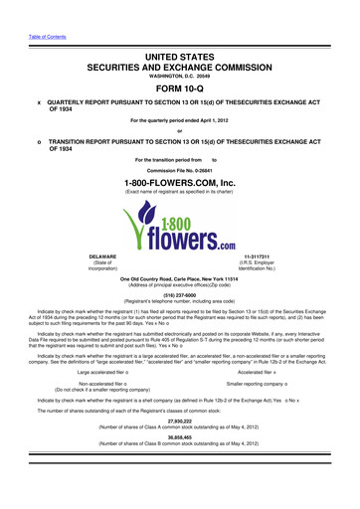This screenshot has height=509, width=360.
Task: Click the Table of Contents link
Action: click(x=47, y=12)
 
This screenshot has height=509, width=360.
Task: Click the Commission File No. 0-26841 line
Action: click(x=179, y=168)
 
